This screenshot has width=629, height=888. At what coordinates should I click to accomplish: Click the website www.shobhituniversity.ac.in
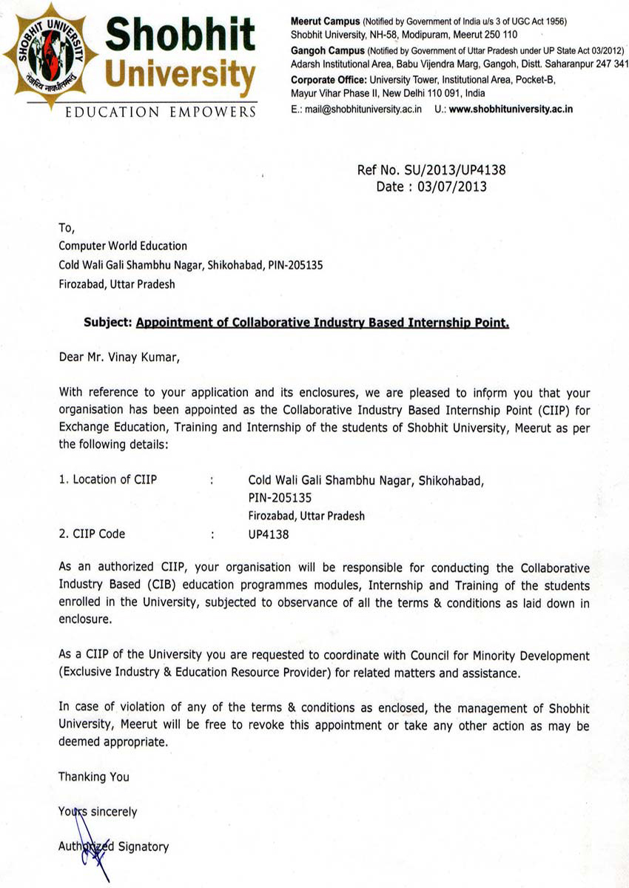[x=511, y=110]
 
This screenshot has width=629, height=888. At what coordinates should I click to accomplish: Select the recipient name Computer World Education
[x=123, y=246]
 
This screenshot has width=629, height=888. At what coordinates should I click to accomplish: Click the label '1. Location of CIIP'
[x=108, y=480]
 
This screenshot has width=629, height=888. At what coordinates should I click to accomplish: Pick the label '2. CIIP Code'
[x=92, y=533]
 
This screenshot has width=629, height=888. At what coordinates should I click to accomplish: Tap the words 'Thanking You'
[x=94, y=776]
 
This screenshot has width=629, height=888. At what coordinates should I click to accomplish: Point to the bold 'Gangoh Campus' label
[x=327, y=51]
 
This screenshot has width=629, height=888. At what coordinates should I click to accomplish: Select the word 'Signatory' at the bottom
[x=144, y=847]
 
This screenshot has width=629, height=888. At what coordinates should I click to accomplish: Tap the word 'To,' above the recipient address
[x=67, y=228]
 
